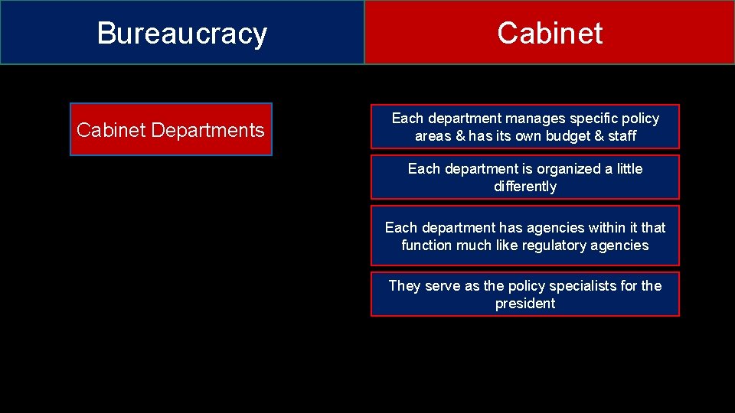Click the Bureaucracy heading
click(182, 34)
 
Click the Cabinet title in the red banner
click(549, 34)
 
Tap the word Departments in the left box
click(207, 130)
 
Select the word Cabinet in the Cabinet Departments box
click(111, 130)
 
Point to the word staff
click(622, 136)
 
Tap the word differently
click(525, 187)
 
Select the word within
click(605, 228)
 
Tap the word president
click(525, 304)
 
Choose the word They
click(403, 286)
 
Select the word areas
click(433, 136)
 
